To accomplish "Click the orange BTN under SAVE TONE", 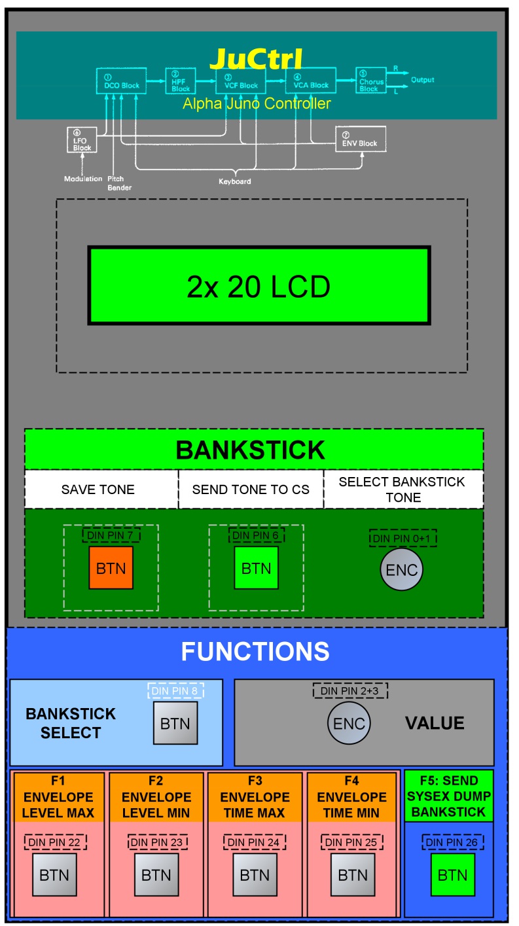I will coord(111,568).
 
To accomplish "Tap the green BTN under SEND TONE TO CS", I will coord(256,568).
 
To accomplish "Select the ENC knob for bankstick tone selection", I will coord(402,570).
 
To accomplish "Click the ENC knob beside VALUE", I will coord(348,724).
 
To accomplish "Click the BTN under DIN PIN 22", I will coord(55,875).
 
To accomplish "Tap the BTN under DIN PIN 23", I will coord(156,875).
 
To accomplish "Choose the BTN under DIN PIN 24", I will coord(255,875).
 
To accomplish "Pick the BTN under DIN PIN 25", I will coord(352,875).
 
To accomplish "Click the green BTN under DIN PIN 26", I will coord(452,875).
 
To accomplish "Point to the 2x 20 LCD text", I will coord(259,286).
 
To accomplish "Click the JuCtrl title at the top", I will coord(256,59).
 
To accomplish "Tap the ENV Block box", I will coord(361,139).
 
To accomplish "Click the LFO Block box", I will coord(82,141).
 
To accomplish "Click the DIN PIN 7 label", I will coord(111,535).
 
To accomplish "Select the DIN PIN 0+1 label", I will coord(403,538).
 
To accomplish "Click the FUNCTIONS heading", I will coord(255,651).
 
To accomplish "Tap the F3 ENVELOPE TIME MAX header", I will coord(255,796).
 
